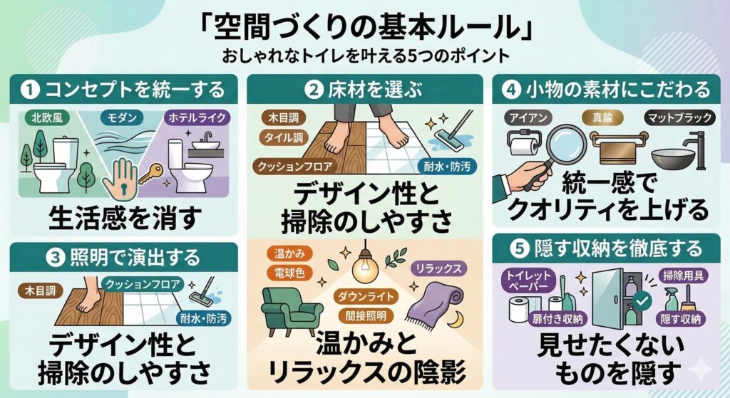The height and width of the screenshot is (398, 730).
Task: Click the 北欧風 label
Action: [x=46, y=116]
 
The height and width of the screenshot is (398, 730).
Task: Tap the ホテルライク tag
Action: [x=193, y=116]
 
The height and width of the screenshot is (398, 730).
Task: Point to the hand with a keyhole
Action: [x=118, y=176]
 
